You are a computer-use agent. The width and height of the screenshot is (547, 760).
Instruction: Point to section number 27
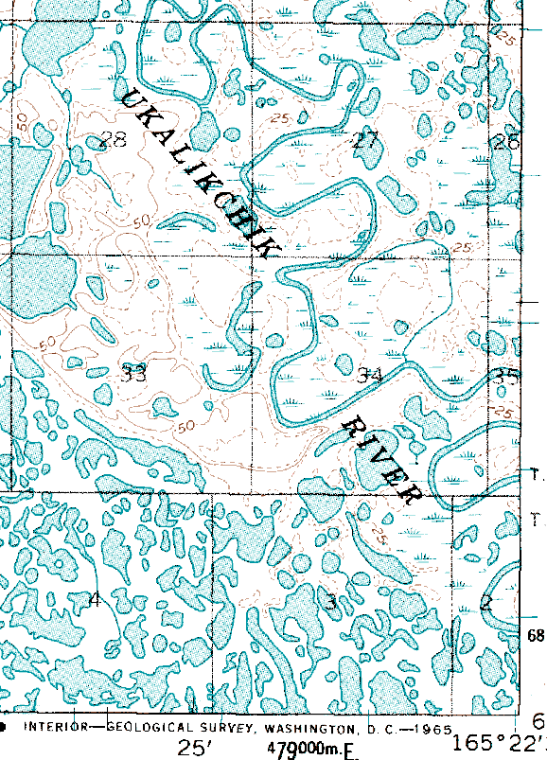(x=365, y=142)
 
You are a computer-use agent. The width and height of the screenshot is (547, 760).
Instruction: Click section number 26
(x=506, y=143)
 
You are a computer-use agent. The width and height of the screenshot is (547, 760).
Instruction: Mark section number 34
(x=369, y=376)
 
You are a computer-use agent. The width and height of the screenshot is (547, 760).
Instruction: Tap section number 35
(x=507, y=376)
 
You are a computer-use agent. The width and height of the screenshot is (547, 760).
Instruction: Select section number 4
(x=94, y=599)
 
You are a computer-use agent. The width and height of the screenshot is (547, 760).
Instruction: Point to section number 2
(x=485, y=602)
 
